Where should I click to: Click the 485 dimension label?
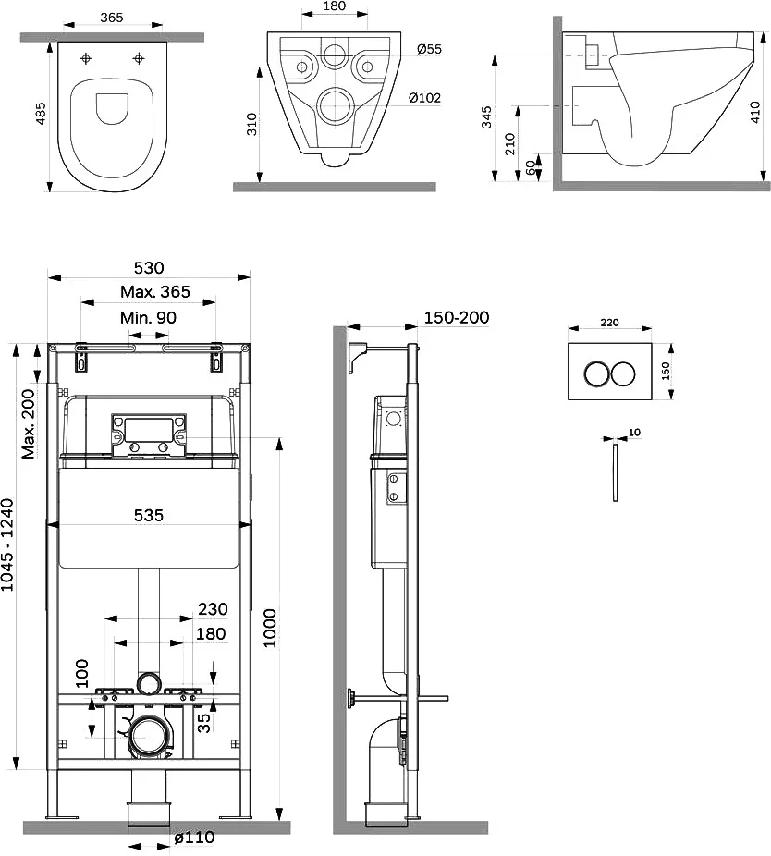coord(41,114)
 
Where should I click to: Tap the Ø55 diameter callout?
coord(429,49)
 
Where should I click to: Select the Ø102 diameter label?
coord(425,98)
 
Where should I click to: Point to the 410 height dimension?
coord(755,111)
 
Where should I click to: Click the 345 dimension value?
coord(486,117)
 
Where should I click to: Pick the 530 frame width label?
coord(149,267)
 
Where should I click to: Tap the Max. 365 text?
coord(155,291)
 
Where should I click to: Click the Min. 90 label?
coord(148,317)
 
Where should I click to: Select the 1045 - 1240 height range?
coord(7,544)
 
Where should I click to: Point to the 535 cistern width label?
coord(149,515)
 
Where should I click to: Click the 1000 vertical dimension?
coord(270,629)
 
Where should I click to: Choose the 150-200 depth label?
coord(457,317)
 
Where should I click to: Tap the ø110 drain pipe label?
coord(194,838)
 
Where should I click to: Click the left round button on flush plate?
coord(596,373)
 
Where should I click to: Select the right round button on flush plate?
coord(623,373)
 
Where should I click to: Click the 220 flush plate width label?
coord(609,323)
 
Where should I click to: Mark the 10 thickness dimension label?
coord(634,433)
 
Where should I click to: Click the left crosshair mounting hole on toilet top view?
coord(86,58)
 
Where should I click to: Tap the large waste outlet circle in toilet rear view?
coord(337,106)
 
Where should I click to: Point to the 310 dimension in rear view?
coord(251,125)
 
